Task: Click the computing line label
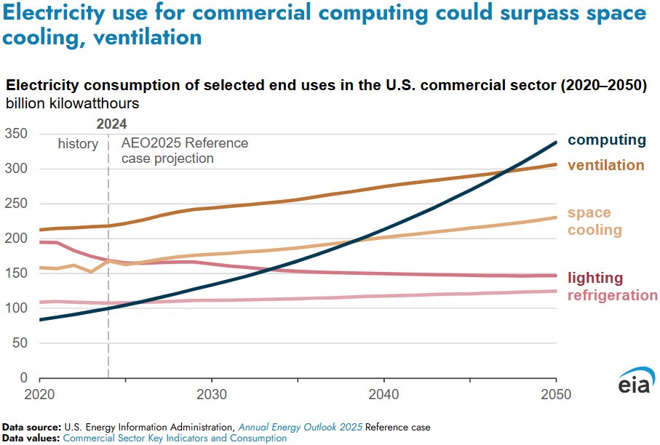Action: tap(606, 140)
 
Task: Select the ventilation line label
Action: tap(605, 165)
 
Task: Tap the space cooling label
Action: tap(595, 221)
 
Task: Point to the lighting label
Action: tap(595, 278)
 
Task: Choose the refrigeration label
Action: tap(612, 295)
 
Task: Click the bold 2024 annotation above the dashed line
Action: tap(111, 124)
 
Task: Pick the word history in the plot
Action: tap(78, 144)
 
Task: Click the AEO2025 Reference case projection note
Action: tap(184, 151)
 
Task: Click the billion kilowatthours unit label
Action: tap(73, 104)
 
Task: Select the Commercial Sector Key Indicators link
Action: tap(175, 438)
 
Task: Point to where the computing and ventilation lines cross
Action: tap(505, 172)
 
